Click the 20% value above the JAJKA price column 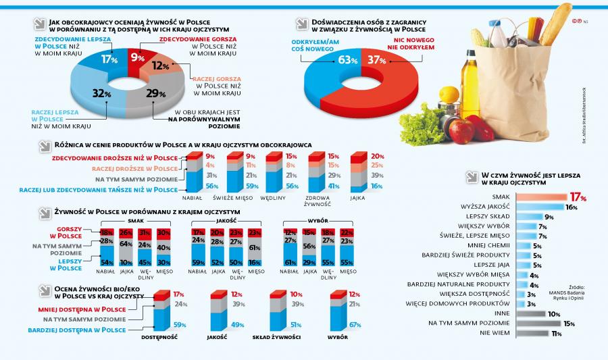click(377, 156)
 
